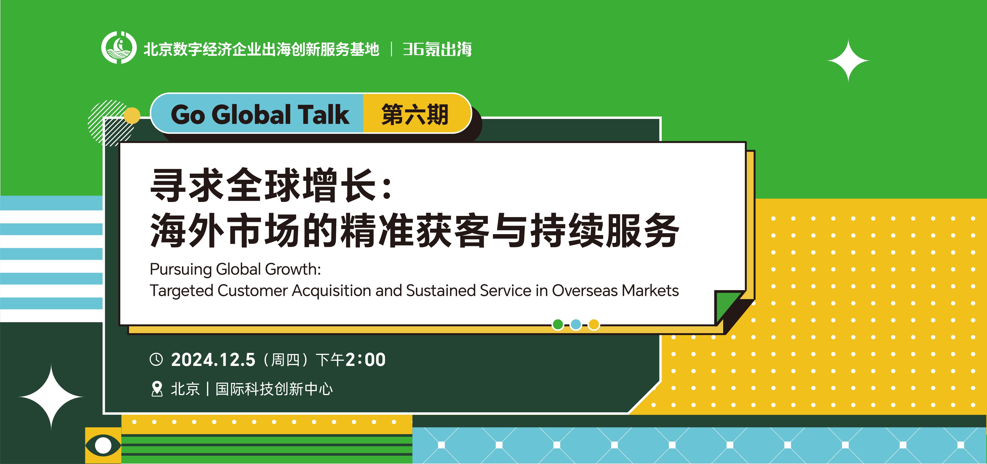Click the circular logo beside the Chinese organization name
[119, 47]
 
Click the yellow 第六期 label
[415, 114]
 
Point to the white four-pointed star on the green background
[848, 61]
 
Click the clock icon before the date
[156, 359]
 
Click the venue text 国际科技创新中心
[274, 389]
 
